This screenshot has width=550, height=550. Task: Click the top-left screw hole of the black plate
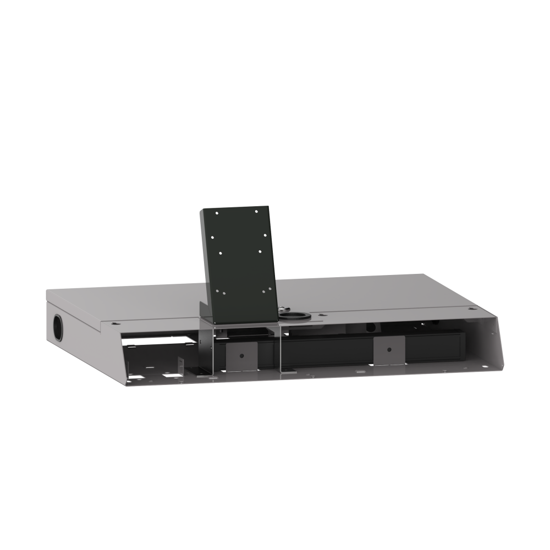(x=218, y=213)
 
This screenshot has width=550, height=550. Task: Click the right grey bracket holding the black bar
(x=389, y=351)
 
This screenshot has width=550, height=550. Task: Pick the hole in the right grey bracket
(x=389, y=349)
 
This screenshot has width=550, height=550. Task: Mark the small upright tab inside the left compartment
(x=179, y=367)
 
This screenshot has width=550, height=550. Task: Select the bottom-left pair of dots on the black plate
(x=219, y=292)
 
